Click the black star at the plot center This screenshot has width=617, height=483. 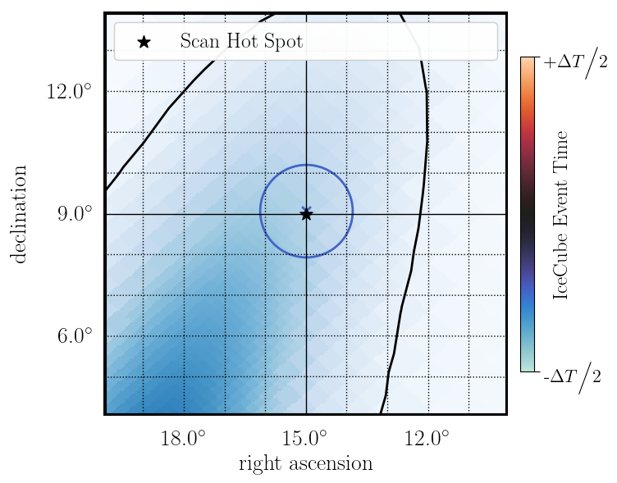(x=306, y=214)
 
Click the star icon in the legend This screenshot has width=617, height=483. (x=144, y=42)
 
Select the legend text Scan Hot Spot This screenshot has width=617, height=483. (x=241, y=42)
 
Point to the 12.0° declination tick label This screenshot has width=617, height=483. (x=69, y=91)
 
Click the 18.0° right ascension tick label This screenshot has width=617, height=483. (x=183, y=436)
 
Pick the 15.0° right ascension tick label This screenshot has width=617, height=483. (x=306, y=436)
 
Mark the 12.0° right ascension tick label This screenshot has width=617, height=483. (x=428, y=436)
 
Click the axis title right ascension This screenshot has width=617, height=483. (x=305, y=464)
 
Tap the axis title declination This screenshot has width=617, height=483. (x=19, y=214)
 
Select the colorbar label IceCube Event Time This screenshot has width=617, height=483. (x=561, y=215)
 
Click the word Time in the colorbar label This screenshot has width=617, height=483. (x=561, y=149)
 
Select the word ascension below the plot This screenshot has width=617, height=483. (x=332, y=464)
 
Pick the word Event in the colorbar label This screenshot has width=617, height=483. (x=561, y=204)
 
